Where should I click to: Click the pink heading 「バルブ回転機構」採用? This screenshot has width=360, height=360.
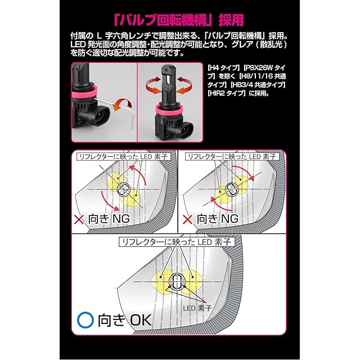coord(179,20)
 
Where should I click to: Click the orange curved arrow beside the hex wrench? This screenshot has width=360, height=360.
coord(123,105)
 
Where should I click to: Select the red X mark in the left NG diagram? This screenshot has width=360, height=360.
coord(79,220)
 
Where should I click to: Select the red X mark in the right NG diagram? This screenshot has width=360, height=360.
coord(187,220)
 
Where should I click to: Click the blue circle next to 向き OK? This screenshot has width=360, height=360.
coord(85,320)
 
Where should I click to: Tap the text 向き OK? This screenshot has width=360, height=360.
coord(124,320)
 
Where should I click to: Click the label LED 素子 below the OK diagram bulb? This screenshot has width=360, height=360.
coord(197,308)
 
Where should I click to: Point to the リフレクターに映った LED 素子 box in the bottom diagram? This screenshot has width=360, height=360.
coord(177,242)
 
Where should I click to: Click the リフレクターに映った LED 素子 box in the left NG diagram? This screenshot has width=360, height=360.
coord(123,157)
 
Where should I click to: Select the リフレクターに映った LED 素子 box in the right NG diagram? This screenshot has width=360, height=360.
coord(232,157)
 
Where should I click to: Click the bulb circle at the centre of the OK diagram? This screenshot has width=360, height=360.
coord(177,281)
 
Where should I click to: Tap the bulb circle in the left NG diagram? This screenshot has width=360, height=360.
coord(124,190)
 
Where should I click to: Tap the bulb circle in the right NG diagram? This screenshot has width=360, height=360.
coord(231,190)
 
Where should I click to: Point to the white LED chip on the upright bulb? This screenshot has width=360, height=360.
coord(168,80)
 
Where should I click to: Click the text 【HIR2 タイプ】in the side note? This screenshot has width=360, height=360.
coord(226,93)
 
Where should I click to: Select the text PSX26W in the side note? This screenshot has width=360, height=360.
coord(259,67)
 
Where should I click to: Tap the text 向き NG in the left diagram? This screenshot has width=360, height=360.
coord(109,219)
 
